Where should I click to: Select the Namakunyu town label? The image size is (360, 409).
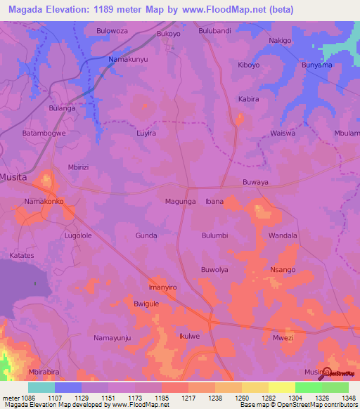pos(129,60)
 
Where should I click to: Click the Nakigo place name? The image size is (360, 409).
pos(280,41)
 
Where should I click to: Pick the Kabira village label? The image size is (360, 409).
pos(249,99)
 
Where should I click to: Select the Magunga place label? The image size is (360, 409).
pos(180,202)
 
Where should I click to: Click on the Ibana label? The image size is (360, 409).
pos(214,202)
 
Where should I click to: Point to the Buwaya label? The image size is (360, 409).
pos(255,181)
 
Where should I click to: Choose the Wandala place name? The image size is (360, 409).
pos(283,235)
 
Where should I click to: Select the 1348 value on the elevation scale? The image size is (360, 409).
pos(345,398)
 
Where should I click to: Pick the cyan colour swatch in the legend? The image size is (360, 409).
pos(41,387)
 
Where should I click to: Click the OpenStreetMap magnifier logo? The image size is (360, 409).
pos(326,372)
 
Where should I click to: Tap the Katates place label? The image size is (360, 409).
pos(22,255)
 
